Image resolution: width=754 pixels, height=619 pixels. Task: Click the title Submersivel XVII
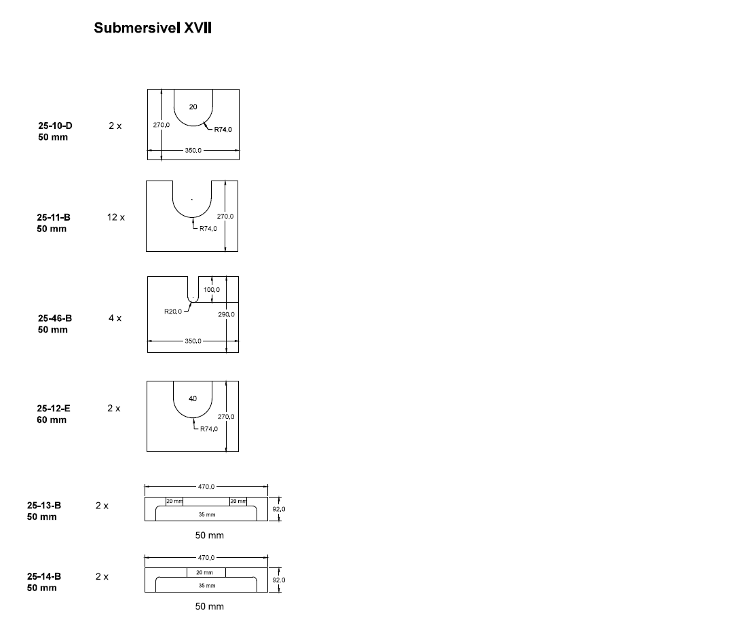click(x=153, y=29)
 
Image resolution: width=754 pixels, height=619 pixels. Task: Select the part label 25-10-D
click(x=55, y=126)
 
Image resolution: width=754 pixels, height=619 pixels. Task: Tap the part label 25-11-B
click(x=54, y=217)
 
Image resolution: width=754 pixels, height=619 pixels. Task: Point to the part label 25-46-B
click(x=55, y=318)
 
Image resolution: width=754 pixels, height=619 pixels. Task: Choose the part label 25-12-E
click(x=54, y=409)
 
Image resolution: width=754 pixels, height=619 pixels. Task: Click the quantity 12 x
click(x=115, y=217)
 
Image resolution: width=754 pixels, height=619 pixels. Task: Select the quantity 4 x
click(x=115, y=318)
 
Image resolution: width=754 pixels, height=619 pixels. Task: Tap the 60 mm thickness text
click(x=52, y=419)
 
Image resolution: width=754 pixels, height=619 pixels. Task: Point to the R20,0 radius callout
click(x=174, y=312)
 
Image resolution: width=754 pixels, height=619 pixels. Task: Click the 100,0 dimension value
click(x=212, y=290)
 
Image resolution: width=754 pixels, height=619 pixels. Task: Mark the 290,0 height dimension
click(x=226, y=314)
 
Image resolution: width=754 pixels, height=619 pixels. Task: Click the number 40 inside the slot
click(x=193, y=398)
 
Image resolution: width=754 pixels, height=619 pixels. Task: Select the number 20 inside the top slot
click(x=193, y=107)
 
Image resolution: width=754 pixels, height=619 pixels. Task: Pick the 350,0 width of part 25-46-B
click(x=193, y=340)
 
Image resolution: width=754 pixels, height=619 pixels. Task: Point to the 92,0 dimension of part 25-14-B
click(x=278, y=580)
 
